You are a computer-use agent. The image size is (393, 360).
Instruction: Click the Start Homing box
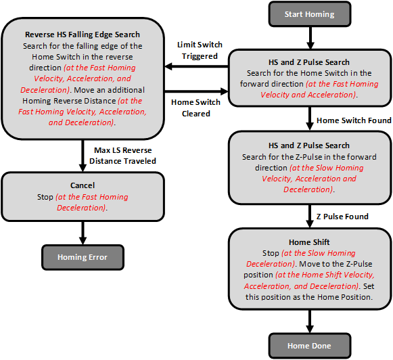[x=309, y=14]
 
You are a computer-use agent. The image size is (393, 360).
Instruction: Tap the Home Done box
[x=309, y=346]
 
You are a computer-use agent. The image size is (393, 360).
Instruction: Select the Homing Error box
[x=83, y=257]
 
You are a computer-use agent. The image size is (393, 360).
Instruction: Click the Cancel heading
[x=83, y=185]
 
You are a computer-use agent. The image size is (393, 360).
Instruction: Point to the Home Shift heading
[x=309, y=242]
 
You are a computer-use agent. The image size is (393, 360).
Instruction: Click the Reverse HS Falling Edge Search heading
[x=83, y=35]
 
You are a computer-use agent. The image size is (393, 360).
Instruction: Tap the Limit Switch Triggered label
[x=199, y=50]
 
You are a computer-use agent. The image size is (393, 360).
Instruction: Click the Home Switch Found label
[x=354, y=120]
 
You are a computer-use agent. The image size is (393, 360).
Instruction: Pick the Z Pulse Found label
[x=342, y=217]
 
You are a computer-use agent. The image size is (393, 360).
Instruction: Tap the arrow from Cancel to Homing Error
[x=83, y=230]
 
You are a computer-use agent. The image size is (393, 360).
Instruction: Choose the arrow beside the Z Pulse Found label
[x=309, y=216]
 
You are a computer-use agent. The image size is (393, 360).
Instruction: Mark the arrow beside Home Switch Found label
[x=309, y=119]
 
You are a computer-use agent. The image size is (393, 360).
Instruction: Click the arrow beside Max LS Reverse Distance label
[x=83, y=154]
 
